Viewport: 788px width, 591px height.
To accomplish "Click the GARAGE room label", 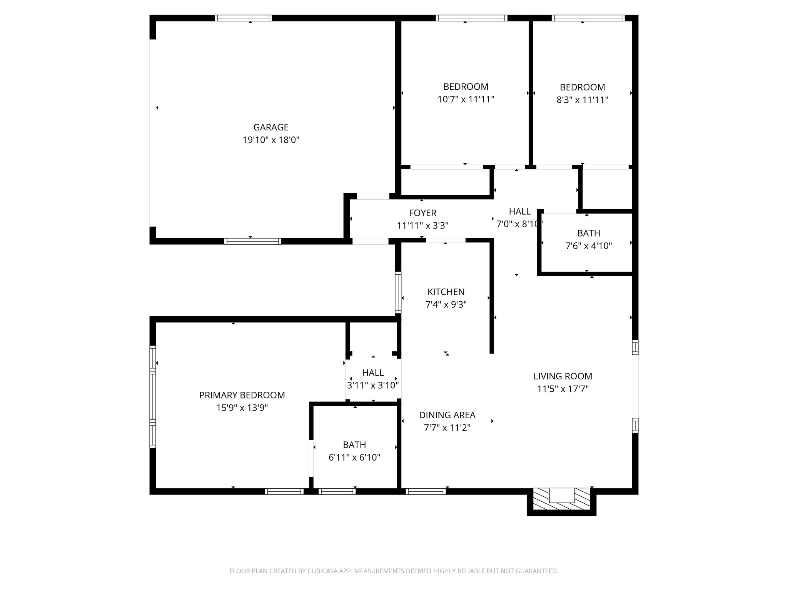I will [271, 127].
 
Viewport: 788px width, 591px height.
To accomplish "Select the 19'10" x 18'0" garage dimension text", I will [271, 140].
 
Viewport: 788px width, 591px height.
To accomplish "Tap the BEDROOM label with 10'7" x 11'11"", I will [466, 87].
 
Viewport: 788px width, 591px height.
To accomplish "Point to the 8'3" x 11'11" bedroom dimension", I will [582, 100].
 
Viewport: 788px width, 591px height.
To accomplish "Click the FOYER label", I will [422, 213].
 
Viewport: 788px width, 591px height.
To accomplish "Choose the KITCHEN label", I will [446, 292].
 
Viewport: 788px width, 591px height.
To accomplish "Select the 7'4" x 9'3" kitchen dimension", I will [446, 305].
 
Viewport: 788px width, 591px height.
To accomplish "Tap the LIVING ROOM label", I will [563, 376].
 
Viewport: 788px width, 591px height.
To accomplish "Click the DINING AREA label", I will [447, 415].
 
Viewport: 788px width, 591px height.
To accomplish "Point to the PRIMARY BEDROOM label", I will [242, 395].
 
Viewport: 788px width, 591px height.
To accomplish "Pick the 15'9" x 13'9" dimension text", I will [242, 408].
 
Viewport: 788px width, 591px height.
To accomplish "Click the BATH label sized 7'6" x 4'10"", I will [588, 233].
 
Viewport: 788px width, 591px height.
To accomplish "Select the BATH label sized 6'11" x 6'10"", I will [354, 444].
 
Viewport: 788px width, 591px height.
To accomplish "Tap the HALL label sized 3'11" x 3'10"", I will [373, 372].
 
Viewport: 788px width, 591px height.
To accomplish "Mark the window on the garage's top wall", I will [243, 18].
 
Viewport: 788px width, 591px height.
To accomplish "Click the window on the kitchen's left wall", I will [398, 292].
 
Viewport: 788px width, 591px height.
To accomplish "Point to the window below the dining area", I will [426, 491].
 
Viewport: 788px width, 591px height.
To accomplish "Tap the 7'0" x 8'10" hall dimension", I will [519, 224].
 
